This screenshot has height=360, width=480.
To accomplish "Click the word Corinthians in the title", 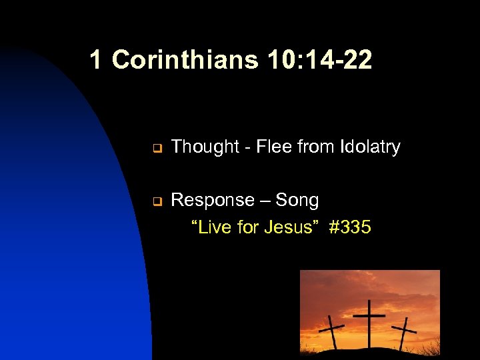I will (x=185, y=60).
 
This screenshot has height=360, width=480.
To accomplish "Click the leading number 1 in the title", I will (x=96, y=60).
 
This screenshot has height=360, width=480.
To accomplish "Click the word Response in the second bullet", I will (x=213, y=200).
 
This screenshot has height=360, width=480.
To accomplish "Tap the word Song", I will (x=297, y=200).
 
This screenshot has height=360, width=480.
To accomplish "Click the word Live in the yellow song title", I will (x=213, y=227).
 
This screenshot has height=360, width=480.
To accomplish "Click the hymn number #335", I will (x=350, y=227).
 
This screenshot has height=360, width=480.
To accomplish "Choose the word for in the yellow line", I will (x=247, y=227).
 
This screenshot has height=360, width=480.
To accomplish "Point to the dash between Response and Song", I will (x=265, y=201).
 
